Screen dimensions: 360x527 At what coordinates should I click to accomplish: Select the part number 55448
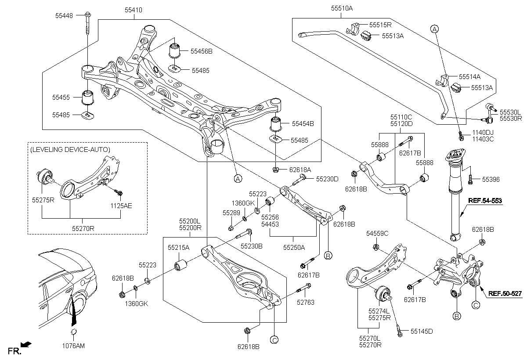coord(64,15)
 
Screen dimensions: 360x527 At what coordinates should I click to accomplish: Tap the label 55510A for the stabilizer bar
coord(342,8)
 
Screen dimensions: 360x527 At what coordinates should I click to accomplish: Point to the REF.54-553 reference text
coord(484,201)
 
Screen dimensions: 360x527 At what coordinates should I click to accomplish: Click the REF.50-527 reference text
coord(505,295)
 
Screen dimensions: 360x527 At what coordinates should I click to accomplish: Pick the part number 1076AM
coord(74,346)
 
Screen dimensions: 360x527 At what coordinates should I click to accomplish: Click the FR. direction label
coord(14,351)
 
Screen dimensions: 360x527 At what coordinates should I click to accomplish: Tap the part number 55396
coord(491,180)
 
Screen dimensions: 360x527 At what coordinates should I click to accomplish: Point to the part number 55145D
coord(422,331)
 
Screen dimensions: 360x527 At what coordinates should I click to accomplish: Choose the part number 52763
coord(306,302)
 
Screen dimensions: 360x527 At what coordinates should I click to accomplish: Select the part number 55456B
coord(201,51)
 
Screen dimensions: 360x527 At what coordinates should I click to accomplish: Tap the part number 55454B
coord(302,124)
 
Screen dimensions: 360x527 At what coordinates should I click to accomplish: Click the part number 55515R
coord(380,25)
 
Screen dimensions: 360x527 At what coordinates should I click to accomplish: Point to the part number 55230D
coord(328,179)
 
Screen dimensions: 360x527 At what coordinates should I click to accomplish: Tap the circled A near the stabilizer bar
coord(434,29)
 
